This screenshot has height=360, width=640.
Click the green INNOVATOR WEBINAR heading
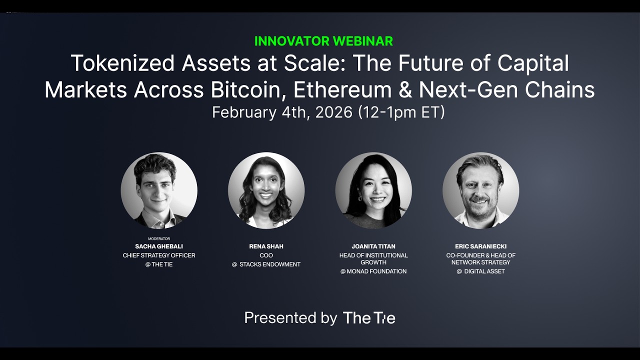(323, 41)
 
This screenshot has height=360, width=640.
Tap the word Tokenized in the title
(122, 63)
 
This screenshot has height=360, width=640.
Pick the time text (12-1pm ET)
(401, 112)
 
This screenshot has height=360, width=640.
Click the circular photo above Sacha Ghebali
(159, 190)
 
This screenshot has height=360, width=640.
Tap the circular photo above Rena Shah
(266, 190)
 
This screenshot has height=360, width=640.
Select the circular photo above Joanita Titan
(373, 190)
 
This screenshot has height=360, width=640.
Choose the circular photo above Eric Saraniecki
(480, 190)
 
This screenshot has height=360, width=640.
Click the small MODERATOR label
(159, 239)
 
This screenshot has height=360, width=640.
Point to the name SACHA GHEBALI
(159, 246)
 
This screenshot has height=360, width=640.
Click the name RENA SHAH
(266, 246)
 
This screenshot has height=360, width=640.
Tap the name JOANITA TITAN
(373, 246)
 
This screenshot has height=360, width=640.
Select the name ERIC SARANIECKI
(480, 246)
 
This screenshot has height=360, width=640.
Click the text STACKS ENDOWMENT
(270, 264)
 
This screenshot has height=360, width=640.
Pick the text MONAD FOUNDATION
(377, 271)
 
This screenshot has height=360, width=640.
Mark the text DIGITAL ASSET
(484, 271)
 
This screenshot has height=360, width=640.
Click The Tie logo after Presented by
(369, 318)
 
